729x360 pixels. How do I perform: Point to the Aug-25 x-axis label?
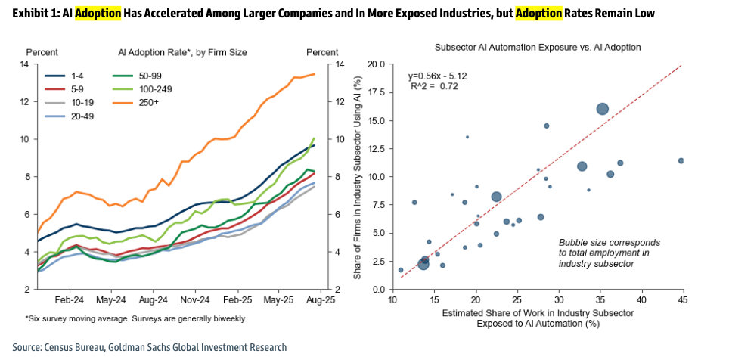[321, 300]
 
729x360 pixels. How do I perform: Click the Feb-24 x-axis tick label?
[69, 300]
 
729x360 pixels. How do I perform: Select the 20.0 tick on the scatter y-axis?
[376, 64]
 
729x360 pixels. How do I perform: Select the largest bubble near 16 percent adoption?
[602, 109]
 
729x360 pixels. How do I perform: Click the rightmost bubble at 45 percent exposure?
[681, 160]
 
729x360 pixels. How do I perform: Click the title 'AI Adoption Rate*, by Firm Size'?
[182, 52]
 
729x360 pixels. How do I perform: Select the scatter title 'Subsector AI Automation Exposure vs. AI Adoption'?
[538, 47]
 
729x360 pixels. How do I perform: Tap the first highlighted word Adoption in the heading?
[98, 14]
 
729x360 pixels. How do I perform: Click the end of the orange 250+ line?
[315, 74]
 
